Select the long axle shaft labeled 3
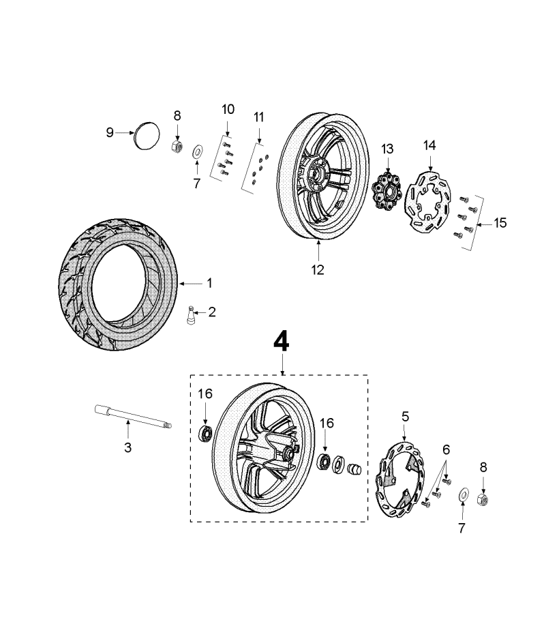[132, 417]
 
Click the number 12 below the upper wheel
[318, 269]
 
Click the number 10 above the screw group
[228, 110]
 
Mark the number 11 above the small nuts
[258, 117]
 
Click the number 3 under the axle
[127, 448]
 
